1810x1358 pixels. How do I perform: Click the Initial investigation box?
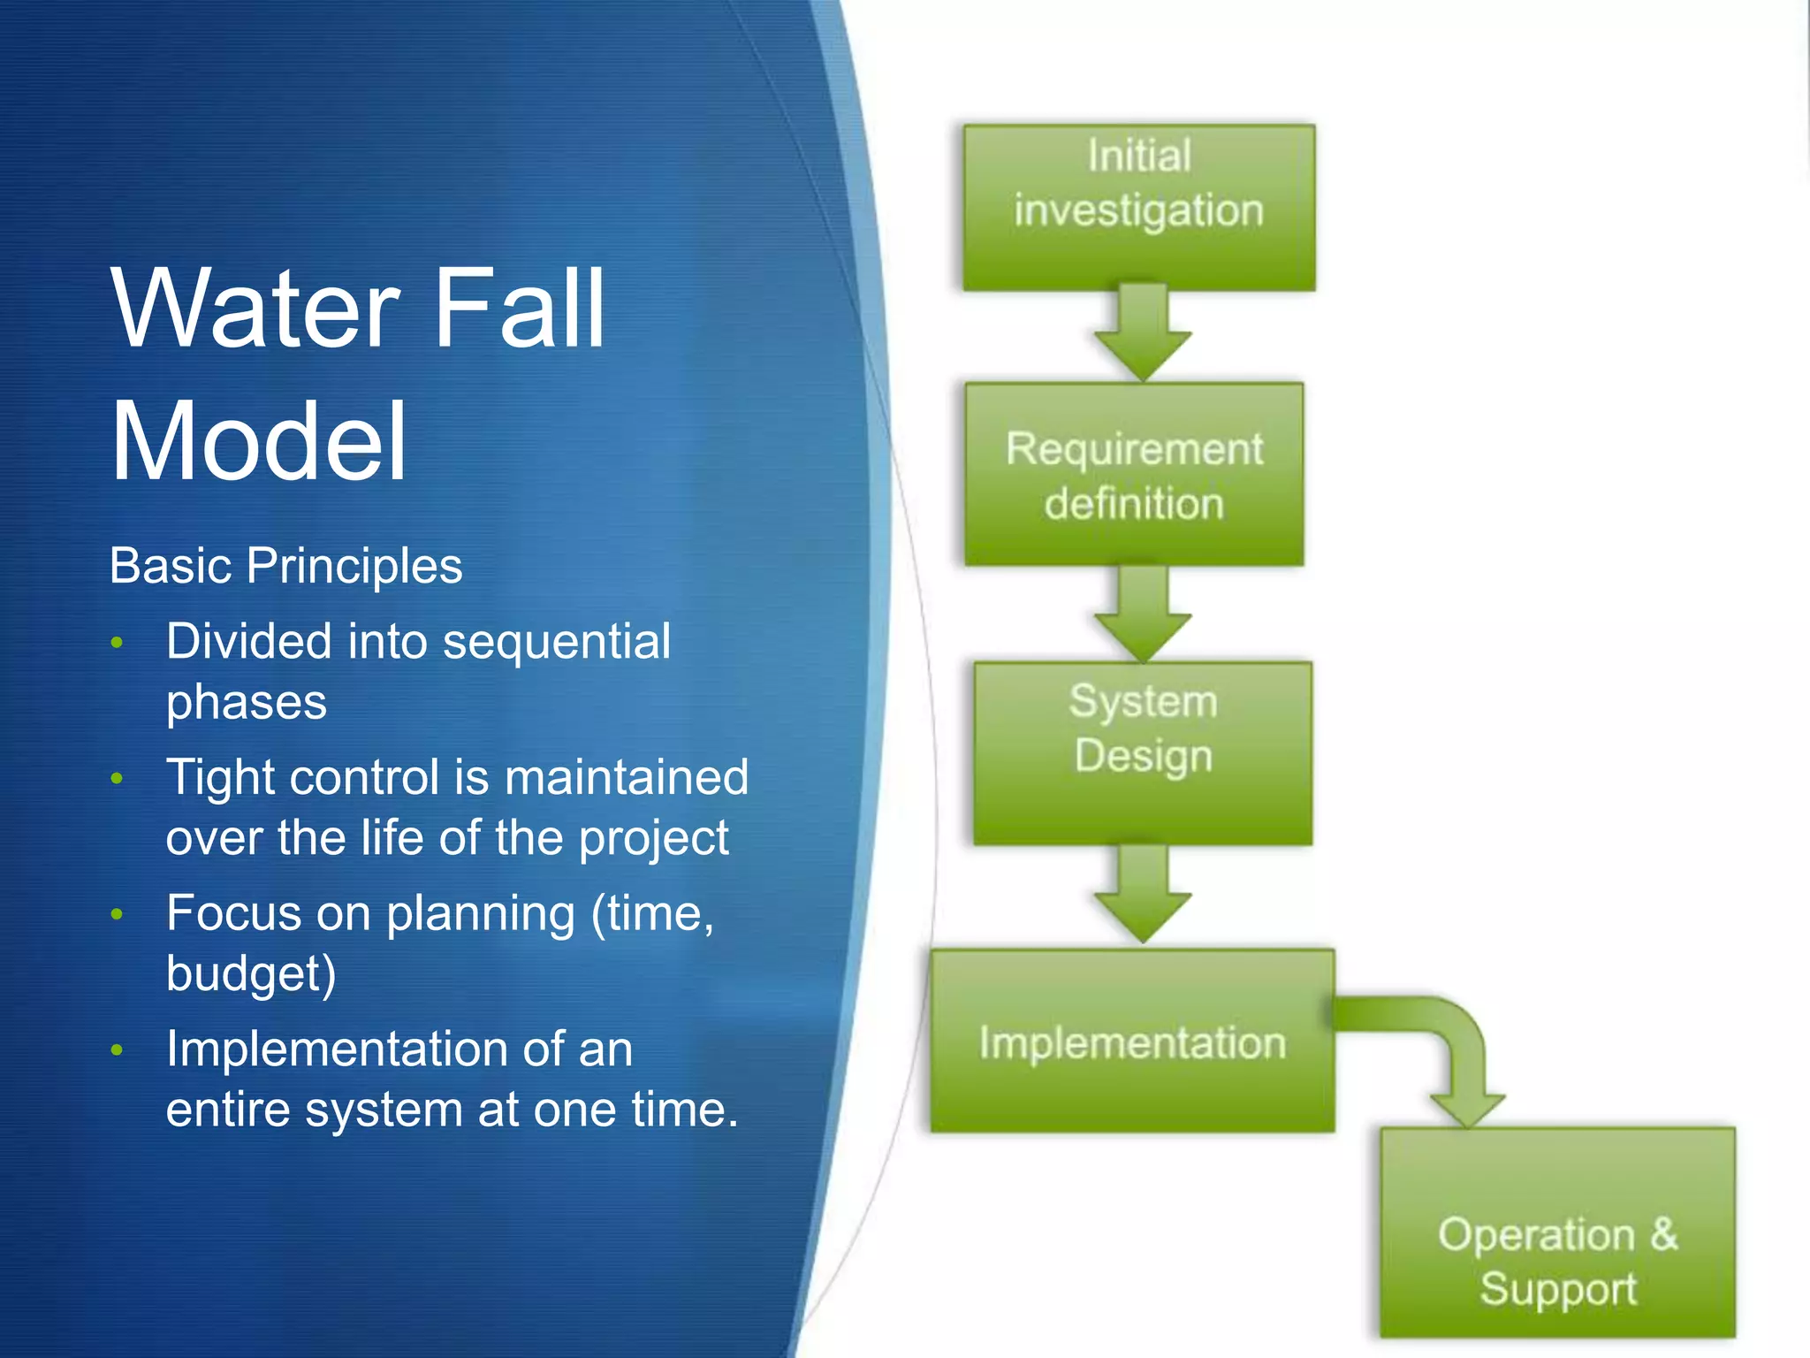pos(1138,208)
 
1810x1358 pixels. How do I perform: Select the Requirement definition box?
pos(1134,475)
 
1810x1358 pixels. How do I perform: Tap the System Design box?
pos(1143,753)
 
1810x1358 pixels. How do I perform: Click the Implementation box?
pos(1132,1041)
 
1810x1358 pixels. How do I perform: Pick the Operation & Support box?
pos(1557,1233)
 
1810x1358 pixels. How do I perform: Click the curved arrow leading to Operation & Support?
pos(1449,1043)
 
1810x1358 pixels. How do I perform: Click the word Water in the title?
pos(255,309)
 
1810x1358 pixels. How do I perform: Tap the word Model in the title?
pos(257,441)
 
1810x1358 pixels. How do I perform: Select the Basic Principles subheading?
pos(285,566)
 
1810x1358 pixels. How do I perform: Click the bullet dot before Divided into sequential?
pos(117,643)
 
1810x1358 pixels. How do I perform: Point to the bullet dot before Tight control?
pos(117,779)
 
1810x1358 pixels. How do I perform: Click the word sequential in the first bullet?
pos(556,642)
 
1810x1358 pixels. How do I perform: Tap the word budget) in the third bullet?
pos(251,974)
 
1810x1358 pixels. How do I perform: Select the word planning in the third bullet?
pos(481,914)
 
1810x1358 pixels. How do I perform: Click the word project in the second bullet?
pos(654,838)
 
